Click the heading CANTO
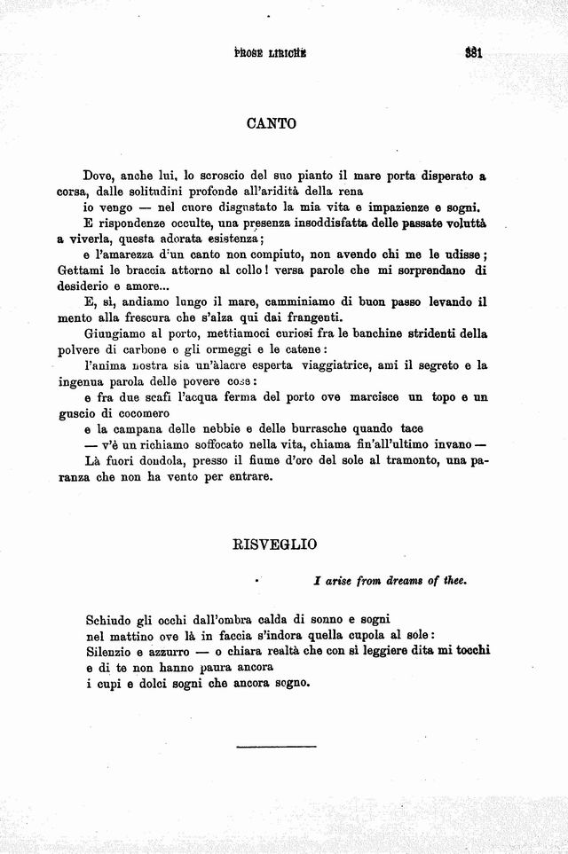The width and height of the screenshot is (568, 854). point(271,124)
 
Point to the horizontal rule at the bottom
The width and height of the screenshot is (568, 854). point(276,747)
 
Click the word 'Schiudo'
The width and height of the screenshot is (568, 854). point(111,618)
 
